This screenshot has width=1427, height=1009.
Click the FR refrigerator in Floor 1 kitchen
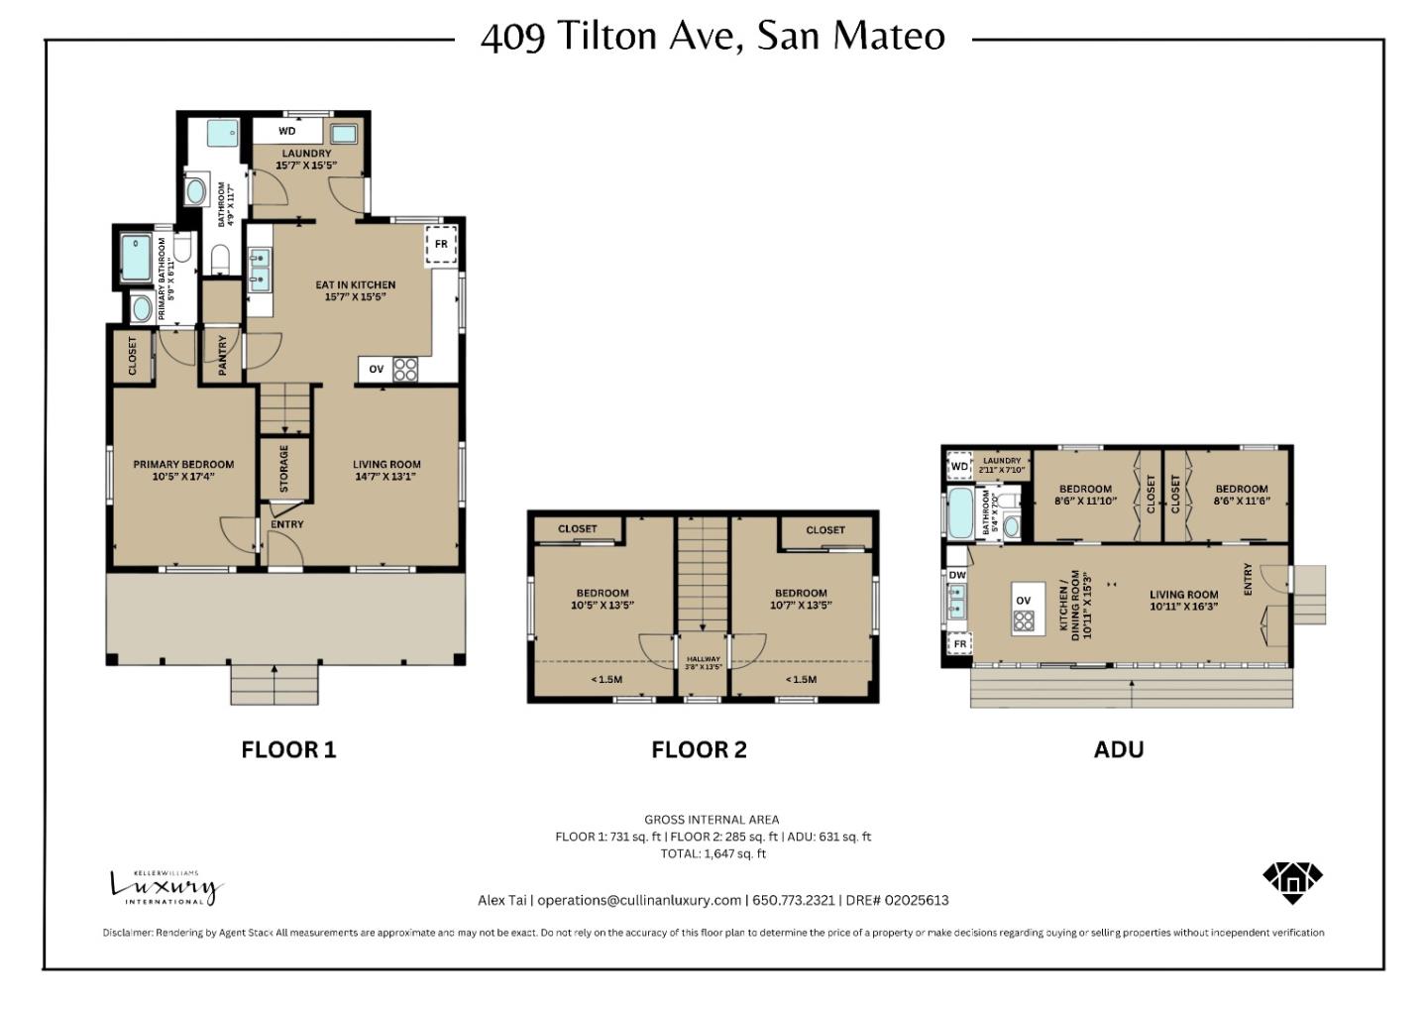click(x=441, y=245)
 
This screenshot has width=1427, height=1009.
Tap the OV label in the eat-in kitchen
click(x=377, y=369)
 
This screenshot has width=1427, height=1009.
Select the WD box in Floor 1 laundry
click(x=286, y=131)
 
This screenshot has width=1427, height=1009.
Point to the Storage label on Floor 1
click(x=284, y=468)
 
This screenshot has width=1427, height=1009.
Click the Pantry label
click(x=223, y=354)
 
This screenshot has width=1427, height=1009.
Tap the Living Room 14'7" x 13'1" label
click(x=386, y=470)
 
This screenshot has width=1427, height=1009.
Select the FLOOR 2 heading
click(x=699, y=750)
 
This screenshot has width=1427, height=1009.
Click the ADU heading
click(x=1118, y=750)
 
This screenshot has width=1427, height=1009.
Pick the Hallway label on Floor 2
click(x=704, y=662)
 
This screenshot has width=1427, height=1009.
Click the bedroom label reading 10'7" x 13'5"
click(x=801, y=599)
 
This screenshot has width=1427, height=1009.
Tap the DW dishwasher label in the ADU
click(x=957, y=575)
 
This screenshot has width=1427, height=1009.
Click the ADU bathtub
click(x=960, y=512)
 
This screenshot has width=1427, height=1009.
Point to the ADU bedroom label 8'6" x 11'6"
click(x=1241, y=495)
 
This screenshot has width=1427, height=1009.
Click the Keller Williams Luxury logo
click(x=165, y=886)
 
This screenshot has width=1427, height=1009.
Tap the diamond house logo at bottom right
click(x=1292, y=880)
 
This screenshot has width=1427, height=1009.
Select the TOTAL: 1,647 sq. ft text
click(x=713, y=853)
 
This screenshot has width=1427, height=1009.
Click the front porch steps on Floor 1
click(x=274, y=684)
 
